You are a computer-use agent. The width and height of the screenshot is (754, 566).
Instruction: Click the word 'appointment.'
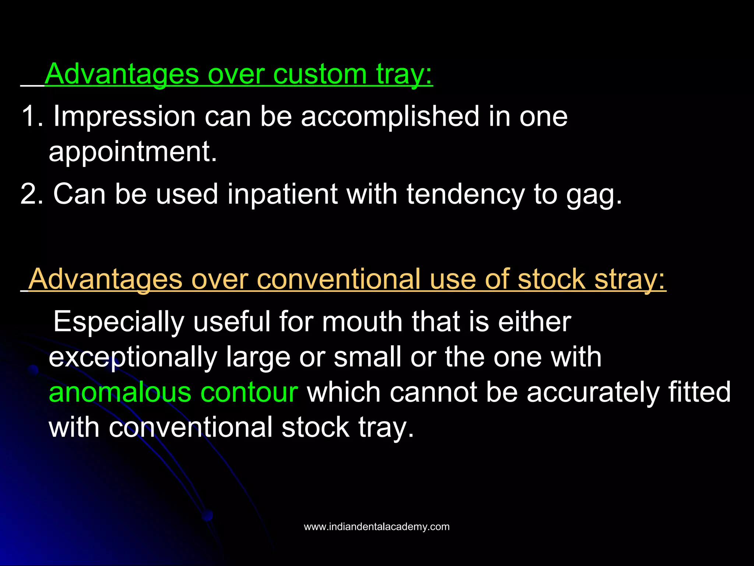[x=133, y=152]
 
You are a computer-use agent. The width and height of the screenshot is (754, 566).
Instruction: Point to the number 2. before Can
[x=32, y=194]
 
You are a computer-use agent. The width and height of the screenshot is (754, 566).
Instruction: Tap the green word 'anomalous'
[x=120, y=392]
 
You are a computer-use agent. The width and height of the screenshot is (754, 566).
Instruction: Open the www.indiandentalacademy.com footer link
[x=377, y=527]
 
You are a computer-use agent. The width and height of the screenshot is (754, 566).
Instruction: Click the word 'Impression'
[x=124, y=116]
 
